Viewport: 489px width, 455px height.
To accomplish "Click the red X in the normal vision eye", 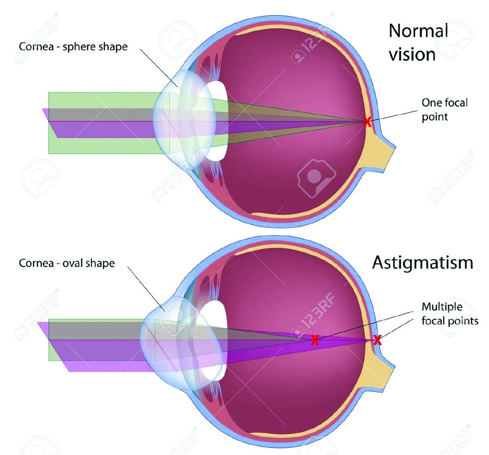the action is [x=367, y=122].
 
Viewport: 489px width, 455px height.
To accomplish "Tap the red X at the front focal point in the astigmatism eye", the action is [x=315, y=340].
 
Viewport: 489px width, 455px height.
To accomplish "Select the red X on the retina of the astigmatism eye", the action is [x=377, y=339].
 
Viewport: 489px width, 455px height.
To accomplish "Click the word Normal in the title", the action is [x=418, y=31].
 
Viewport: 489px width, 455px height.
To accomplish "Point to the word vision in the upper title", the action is [x=412, y=55].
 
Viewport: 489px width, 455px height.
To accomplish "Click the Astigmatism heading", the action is [x=423, y=262].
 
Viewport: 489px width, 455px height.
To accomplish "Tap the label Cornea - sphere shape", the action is [x=73, y=46].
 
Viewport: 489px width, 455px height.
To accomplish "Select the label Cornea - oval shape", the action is [x=67, y=263].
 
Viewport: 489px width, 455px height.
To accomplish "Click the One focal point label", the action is [x=444, y=110].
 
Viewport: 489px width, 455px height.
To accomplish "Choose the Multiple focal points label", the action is [x=450, y=314].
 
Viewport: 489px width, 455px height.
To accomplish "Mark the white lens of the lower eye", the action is [x=213, y=340].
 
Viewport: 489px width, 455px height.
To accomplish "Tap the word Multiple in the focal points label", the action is [x=442, y=307].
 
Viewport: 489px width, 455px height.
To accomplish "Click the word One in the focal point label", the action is [x=431, y=103].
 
